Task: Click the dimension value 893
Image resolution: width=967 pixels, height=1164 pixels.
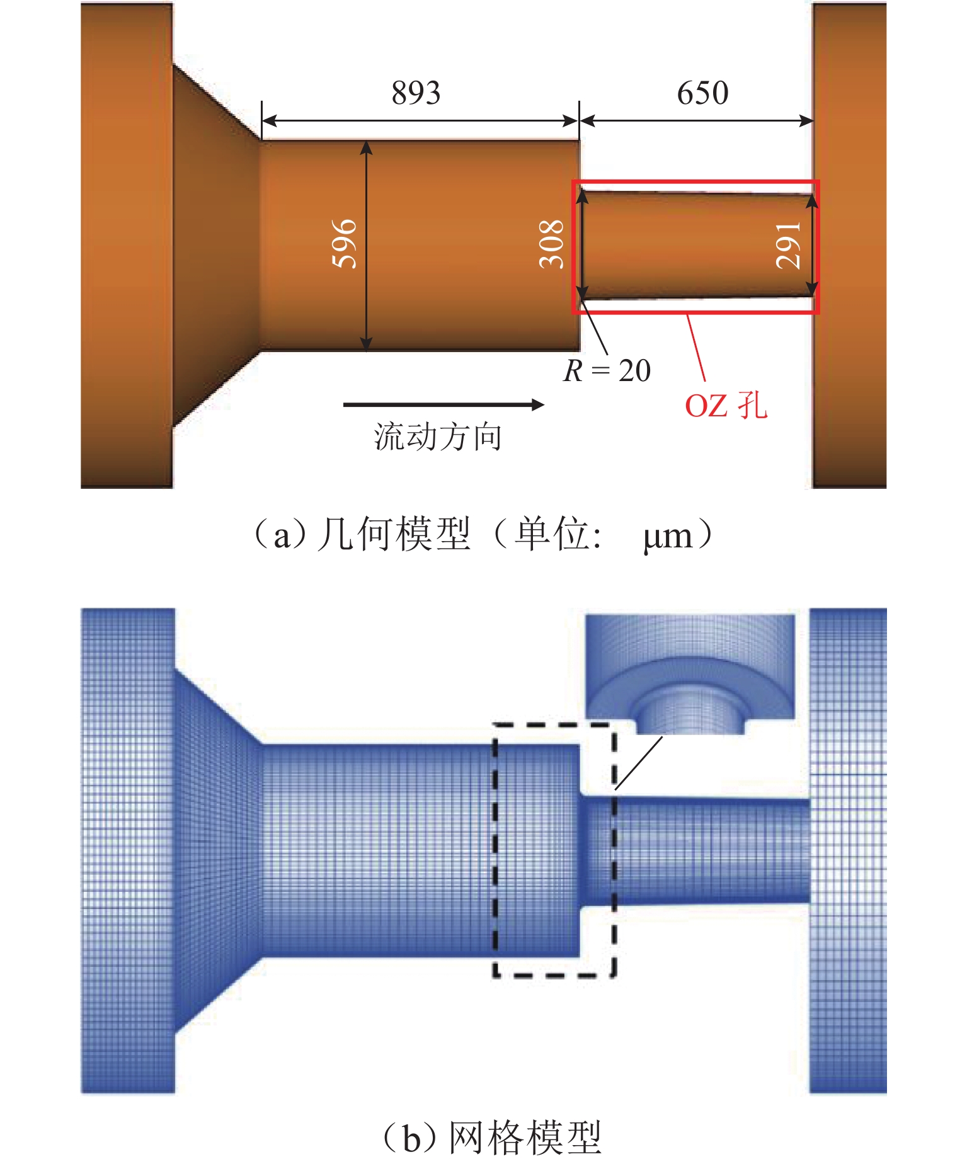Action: point(416,93)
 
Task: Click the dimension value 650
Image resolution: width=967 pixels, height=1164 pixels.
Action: point(702,93)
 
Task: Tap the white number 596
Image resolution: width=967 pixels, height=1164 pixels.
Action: point(345,244)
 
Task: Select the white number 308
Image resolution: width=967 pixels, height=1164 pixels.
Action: point(552,244)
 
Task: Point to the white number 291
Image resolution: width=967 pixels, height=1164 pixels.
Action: point(788,246)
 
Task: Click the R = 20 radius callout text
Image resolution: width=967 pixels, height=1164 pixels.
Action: point(607,370)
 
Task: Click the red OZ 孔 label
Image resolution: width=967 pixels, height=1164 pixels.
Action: point(726,405)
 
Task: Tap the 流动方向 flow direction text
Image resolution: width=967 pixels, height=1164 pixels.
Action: point(438,437)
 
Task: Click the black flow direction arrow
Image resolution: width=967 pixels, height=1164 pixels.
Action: point(443,404)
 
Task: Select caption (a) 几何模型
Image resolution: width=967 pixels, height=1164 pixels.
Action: point(362,535)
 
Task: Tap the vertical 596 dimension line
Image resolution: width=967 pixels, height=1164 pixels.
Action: point(366,245)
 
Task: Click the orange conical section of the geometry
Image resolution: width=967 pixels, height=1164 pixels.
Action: point(217,246)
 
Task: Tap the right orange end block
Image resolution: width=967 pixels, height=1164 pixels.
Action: point(849,245)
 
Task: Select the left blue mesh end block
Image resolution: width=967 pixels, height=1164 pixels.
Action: point(128,850)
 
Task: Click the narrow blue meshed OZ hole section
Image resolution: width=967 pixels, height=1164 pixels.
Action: point(694,851)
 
